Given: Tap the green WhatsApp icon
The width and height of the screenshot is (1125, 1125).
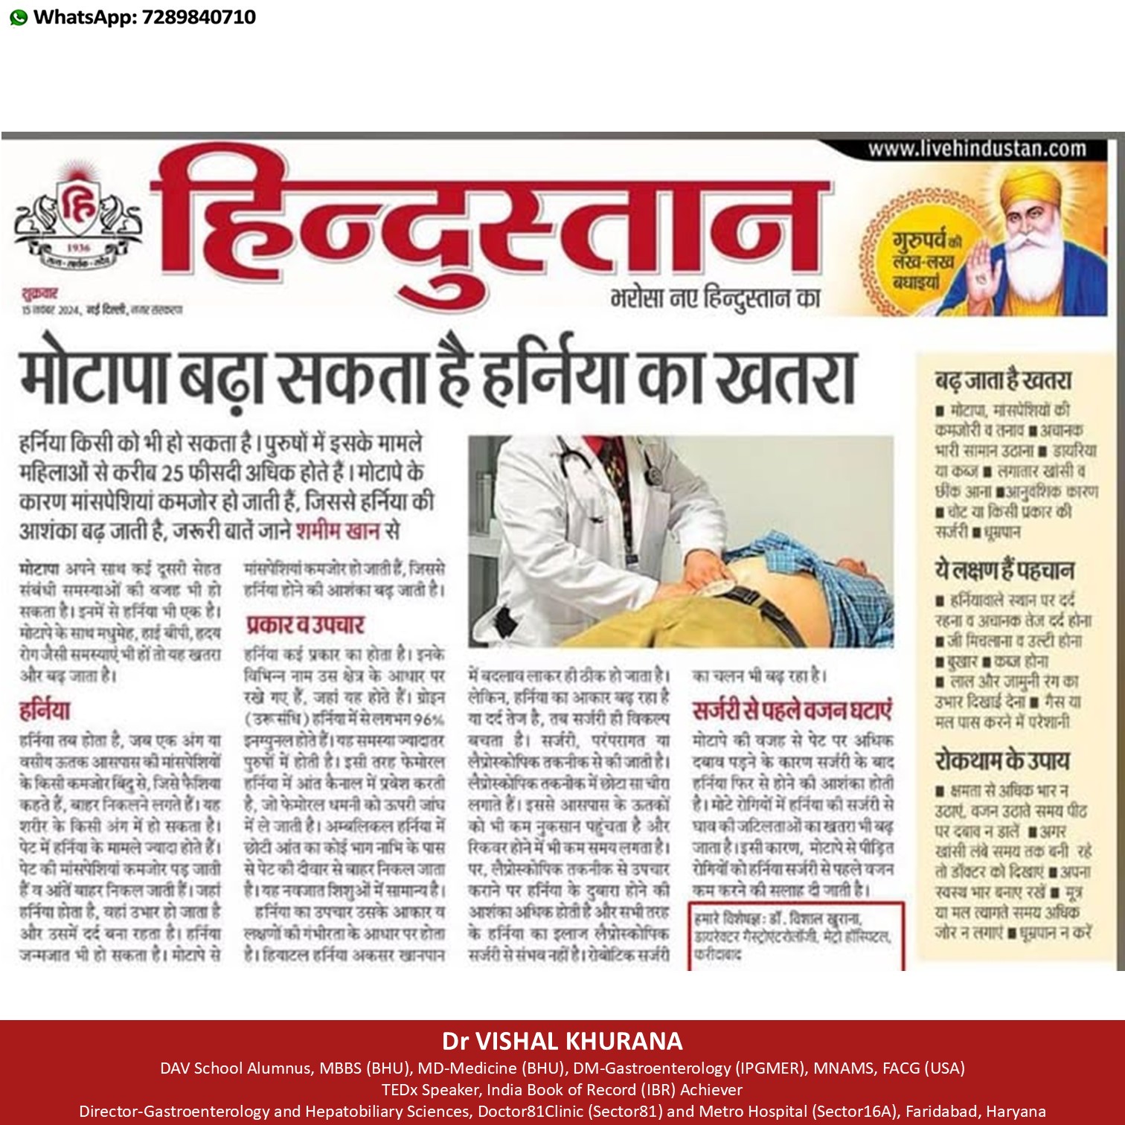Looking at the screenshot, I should pyautogui.click(x=19, y=18).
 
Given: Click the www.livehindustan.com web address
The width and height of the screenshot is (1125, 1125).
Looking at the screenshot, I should pyautogui.click(x=977, y=149).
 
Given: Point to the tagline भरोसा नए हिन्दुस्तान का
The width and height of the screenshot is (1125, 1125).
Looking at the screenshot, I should pyautogui.click(x=715, y=298).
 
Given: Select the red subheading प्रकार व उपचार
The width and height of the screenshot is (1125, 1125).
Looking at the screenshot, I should pyautogui.click(x=305, y=624).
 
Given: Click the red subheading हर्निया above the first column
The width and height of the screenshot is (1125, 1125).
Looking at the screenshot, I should pyautogui.click(x=45, y=710).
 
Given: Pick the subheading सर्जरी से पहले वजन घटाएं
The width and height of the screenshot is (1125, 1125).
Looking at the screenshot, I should pyautogui.click(x=792, y=710).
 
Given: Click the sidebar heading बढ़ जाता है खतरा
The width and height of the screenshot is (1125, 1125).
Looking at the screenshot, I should pyautogui.click(x=1003, y=380).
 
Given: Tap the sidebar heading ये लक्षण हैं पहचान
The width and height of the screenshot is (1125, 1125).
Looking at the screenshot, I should pyautogui.click(x=1005, y=571).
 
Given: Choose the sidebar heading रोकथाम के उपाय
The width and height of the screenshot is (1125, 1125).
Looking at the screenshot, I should pyautogui.click(x=1001, y=760).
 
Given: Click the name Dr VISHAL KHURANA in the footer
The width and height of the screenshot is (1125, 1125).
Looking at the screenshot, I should pyautogui.click(x=562, y=1040).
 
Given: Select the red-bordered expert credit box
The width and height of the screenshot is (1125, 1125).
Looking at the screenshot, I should pyautogui.click(x=797, y=935).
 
